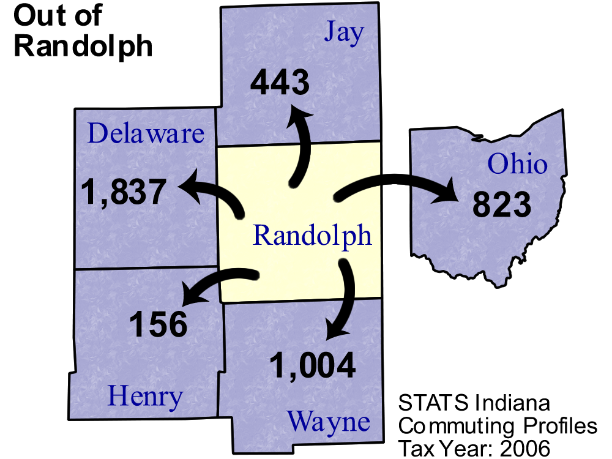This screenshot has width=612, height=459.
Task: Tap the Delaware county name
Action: tap(146, 133)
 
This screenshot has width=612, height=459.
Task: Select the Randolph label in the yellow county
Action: tap(312, 235)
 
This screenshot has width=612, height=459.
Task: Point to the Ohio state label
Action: tap(517, 164)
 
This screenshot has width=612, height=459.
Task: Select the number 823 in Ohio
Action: tap(501, 204)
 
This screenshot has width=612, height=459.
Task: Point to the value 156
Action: tap(158, 324)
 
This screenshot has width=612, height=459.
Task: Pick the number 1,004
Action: tap(312, 365)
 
